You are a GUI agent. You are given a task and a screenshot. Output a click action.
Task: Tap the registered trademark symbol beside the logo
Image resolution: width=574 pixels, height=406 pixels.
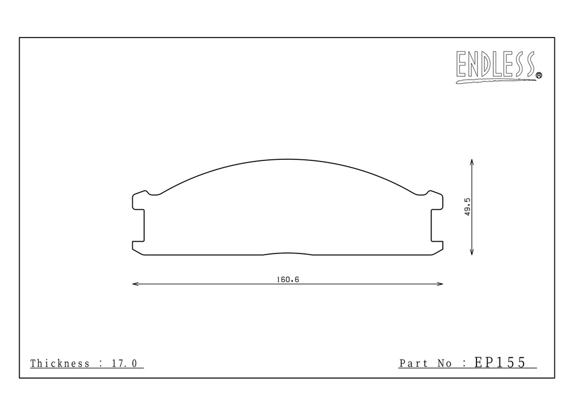point(539,75)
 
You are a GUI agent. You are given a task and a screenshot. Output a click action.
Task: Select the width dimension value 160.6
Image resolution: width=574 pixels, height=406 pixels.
point(288,280)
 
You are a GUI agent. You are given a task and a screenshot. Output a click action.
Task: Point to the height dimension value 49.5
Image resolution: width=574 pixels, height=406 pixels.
point(467,207)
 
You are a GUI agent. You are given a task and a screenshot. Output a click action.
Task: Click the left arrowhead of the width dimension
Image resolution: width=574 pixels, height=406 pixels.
point(135,284)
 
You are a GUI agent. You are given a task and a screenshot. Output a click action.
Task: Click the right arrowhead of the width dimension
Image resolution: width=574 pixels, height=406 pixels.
point(440,284)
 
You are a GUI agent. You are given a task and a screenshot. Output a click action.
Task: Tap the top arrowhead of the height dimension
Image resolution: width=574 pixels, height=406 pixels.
point(472,162)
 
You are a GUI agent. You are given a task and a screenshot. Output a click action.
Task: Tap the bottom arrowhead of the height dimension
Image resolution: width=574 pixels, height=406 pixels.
point(472,252)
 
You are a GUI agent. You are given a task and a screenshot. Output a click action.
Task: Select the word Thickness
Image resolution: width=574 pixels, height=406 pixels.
point(60,363)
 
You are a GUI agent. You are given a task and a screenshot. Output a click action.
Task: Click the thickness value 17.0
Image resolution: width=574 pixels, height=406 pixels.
point(124,363)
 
